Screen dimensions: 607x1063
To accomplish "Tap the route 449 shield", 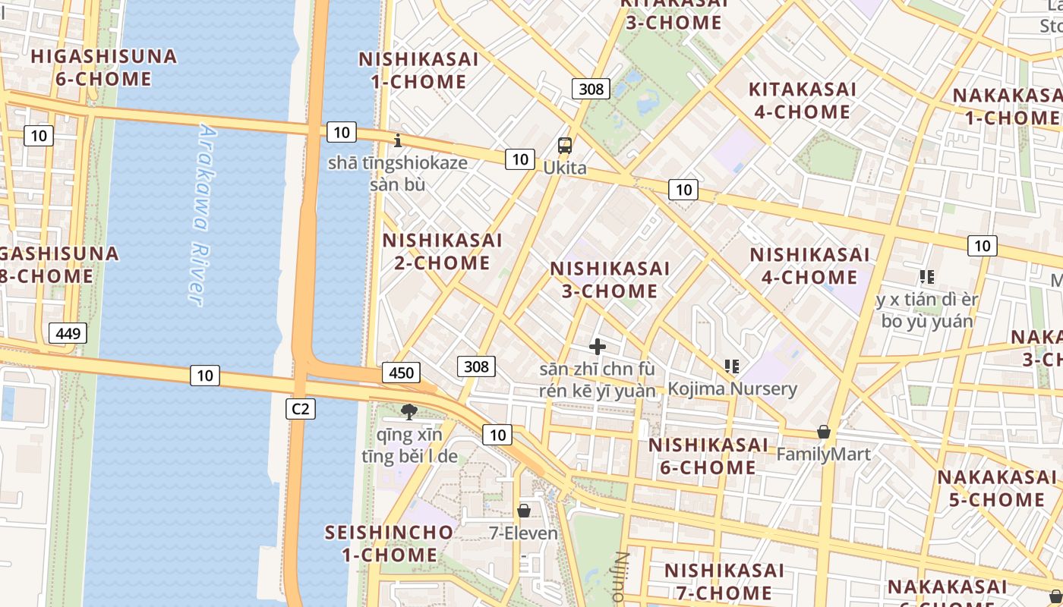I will pyautogui.click(x=68, y=332).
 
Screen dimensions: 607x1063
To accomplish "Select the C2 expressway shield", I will pyautogui.click(x=301, y=409).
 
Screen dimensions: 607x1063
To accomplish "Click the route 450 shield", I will pyautogui.click(x=402, y=372).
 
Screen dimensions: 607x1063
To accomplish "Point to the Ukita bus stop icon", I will pyautogui.click(x=565, y=146).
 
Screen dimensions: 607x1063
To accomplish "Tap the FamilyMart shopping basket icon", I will pyautogui.click(x=823, y=432).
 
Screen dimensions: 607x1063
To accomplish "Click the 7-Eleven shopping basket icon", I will pyautogui.click(x=524, y=511).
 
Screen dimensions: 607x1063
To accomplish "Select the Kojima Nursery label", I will pyautogui.click(x=732, y=389).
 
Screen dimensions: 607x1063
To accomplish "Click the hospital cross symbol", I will pyautogui.click(x=598, y=347).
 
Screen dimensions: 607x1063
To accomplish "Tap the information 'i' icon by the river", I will pyautogui.click(x=398, y=140).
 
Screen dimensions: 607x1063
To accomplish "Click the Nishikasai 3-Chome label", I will pyautogui.click(x=610, y=279).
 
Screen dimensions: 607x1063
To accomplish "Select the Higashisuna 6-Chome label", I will pyautogui.click(x=104, y=68).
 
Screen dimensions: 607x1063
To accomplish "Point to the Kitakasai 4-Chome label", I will pyautogui.click(x=802, y=100).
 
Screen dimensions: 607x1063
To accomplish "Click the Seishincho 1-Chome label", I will pyautogui.click(x=389, y=543).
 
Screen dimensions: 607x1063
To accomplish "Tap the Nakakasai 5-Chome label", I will pyautogui.click(x=996, y=488).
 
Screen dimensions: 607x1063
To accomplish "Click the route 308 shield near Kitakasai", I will pyautogui.click(x=591, y=89).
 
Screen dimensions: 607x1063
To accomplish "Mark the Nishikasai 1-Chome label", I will pyautogui.click(x=418, y=70).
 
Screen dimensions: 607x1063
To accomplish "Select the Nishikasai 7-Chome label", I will pyautogui.click(x=724, y=580).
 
